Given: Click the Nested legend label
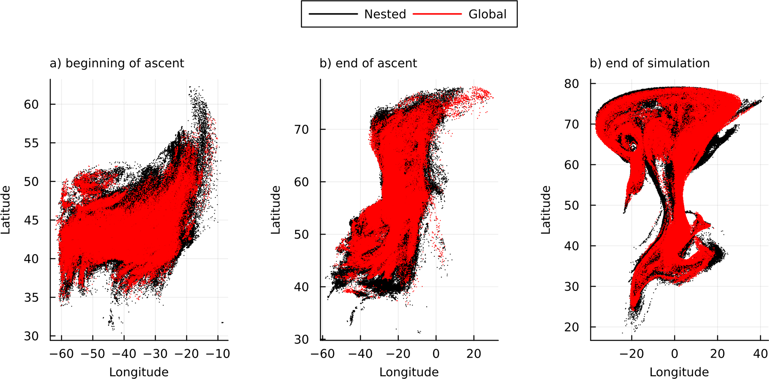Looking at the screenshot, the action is coord(385,14).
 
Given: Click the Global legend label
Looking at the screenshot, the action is coord(487,14).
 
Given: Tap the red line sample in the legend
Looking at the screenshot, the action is coord(438,14).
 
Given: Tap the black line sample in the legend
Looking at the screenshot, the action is coord(333,14).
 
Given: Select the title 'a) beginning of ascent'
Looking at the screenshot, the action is coord(117,63).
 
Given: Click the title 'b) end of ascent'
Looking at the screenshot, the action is coord(368,63).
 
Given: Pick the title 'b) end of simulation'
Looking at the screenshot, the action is coord(650,63).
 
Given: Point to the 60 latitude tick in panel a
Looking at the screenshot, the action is coord(31,105).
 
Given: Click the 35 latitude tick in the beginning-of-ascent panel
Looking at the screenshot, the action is coord(31,297).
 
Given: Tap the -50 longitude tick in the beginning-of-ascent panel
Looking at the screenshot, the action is coord(93,354).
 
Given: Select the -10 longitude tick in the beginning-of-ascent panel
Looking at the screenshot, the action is coord(218,354).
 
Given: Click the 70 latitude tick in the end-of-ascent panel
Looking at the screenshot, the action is coord(301,130).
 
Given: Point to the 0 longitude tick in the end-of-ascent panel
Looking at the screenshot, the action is coord(436,354).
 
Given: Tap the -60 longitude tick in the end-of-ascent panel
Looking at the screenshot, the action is coord(323,354).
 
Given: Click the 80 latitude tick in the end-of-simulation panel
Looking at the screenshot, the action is coord(571,84).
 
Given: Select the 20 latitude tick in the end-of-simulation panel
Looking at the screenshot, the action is coord(571,327).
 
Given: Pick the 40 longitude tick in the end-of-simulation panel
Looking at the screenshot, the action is coord(760,354).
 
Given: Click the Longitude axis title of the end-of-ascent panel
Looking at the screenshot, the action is coord(409,372).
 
